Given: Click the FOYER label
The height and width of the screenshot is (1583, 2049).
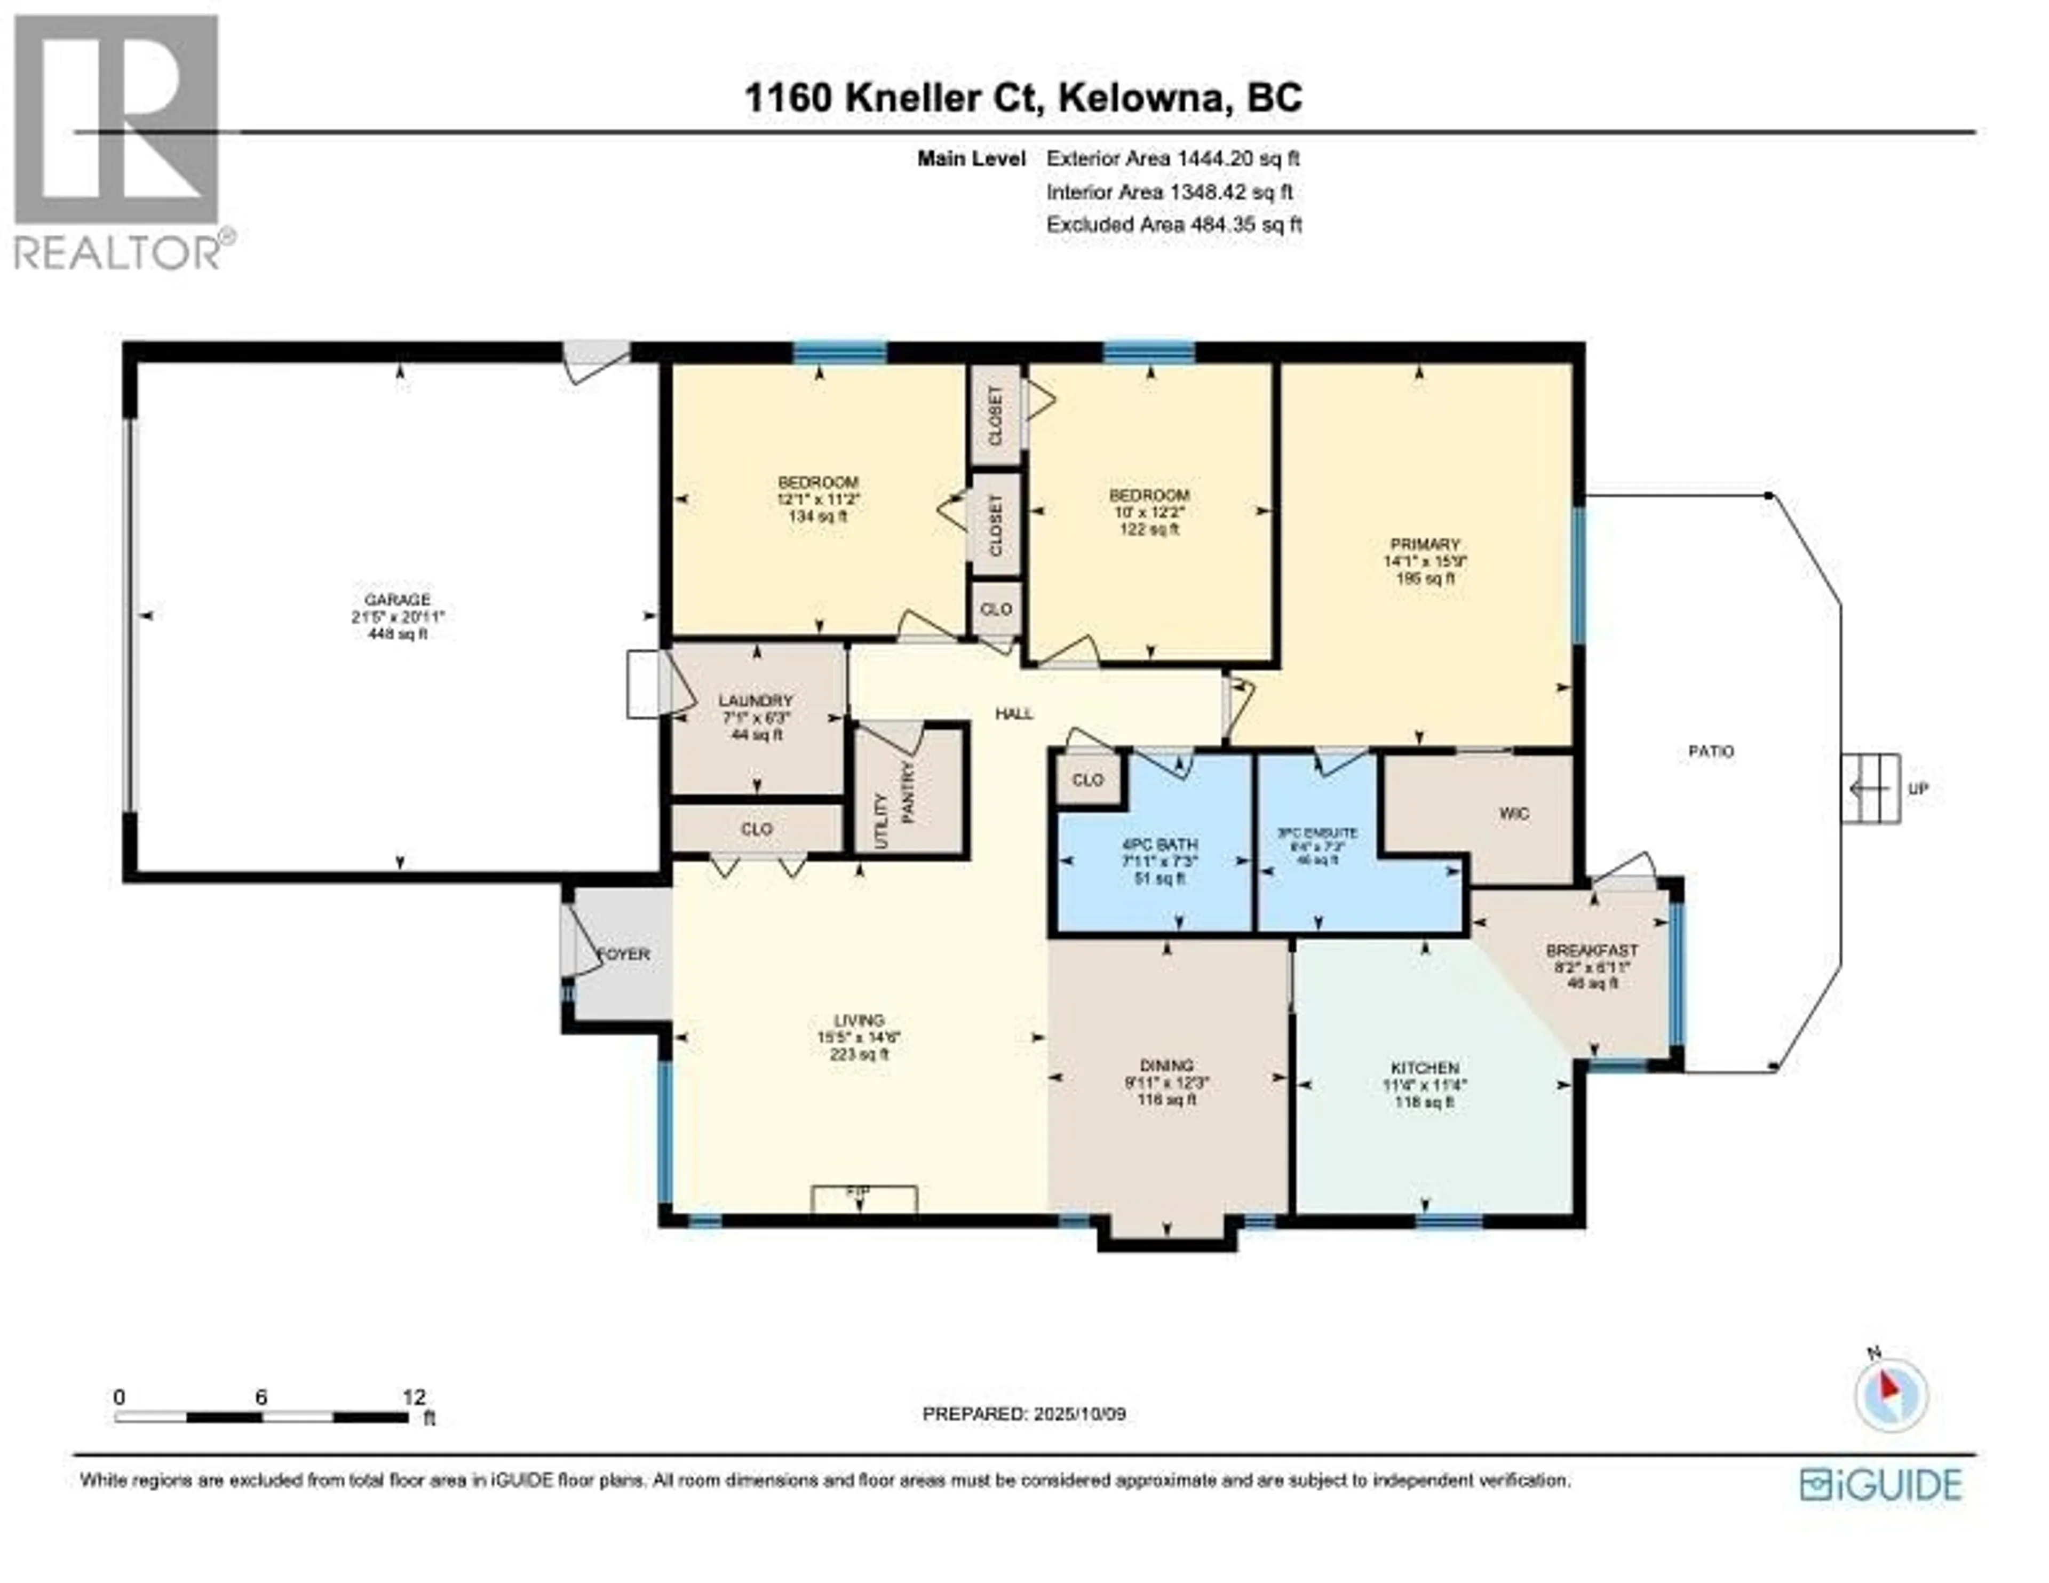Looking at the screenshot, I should click(624, 954).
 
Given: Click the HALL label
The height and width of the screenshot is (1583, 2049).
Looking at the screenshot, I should click(1014, 714).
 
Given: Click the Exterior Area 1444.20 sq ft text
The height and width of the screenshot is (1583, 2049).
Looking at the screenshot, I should click(1173, 158).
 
